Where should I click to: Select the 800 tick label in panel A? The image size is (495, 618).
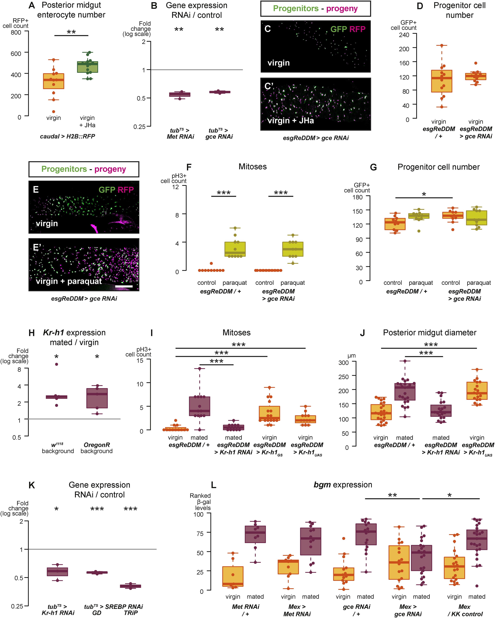16,32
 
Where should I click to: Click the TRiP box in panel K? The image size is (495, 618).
130,586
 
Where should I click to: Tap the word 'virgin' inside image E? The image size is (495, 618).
47,224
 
